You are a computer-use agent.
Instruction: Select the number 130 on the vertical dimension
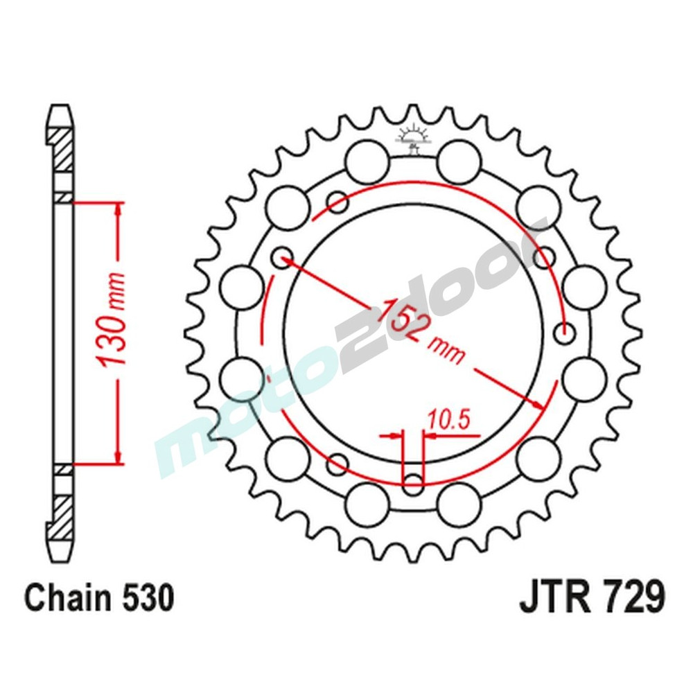(111, 340)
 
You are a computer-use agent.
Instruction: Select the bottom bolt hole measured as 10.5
(414, 484)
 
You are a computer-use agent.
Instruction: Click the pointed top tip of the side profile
(60, 108)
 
